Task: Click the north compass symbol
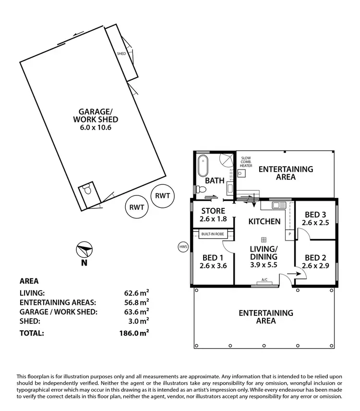(x=84, y=251)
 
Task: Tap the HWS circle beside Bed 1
(x=182, y=247)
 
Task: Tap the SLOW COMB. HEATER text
(x=246, y=162)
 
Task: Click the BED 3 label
(x=314, y=214)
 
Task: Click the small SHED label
(x=121, y=53)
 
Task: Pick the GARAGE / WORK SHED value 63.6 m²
(x=136, y=312)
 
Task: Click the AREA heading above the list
(x=29, y=281)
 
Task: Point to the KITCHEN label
(x=264, y=222)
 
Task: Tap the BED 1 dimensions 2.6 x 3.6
(x=212, y=265)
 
